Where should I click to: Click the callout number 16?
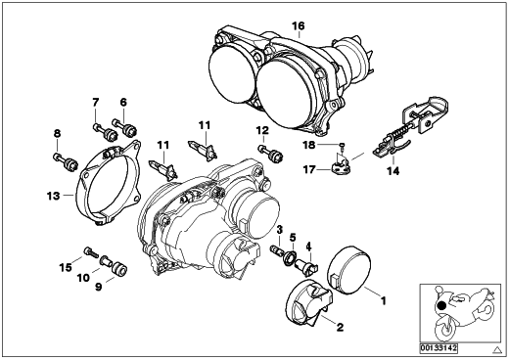pyautogui.click(x=299, y=25)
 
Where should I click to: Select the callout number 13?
pyautogui.click(x=54, y=196)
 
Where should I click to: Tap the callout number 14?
pyautogui.click(x=393, y=170)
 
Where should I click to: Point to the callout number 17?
pyautogui.click(x=309, y=169)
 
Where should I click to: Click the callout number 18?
pyautogui.click(x=309, y=145)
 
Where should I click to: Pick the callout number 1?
pyautogui.click(x=384, y=300)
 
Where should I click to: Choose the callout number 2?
pyautogui.click(x=340, y=327)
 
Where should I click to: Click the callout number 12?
pyautogui.click(x=262, y=130)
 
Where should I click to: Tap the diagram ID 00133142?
pyautogui.click(x=439, y=348)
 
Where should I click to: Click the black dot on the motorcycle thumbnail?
pyautogui.click(x=441, y=306)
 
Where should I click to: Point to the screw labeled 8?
pyautogui.click(x=66, y=160)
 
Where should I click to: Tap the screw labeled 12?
pyautogui.click(x=270, y=153)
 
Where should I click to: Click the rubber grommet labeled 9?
pyautogui.click(x=119, y=269)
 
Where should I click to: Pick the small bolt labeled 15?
pyautogui.click(x=91, y=251)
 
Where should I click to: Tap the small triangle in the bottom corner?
pyautogui.click(x=497, y=349)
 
